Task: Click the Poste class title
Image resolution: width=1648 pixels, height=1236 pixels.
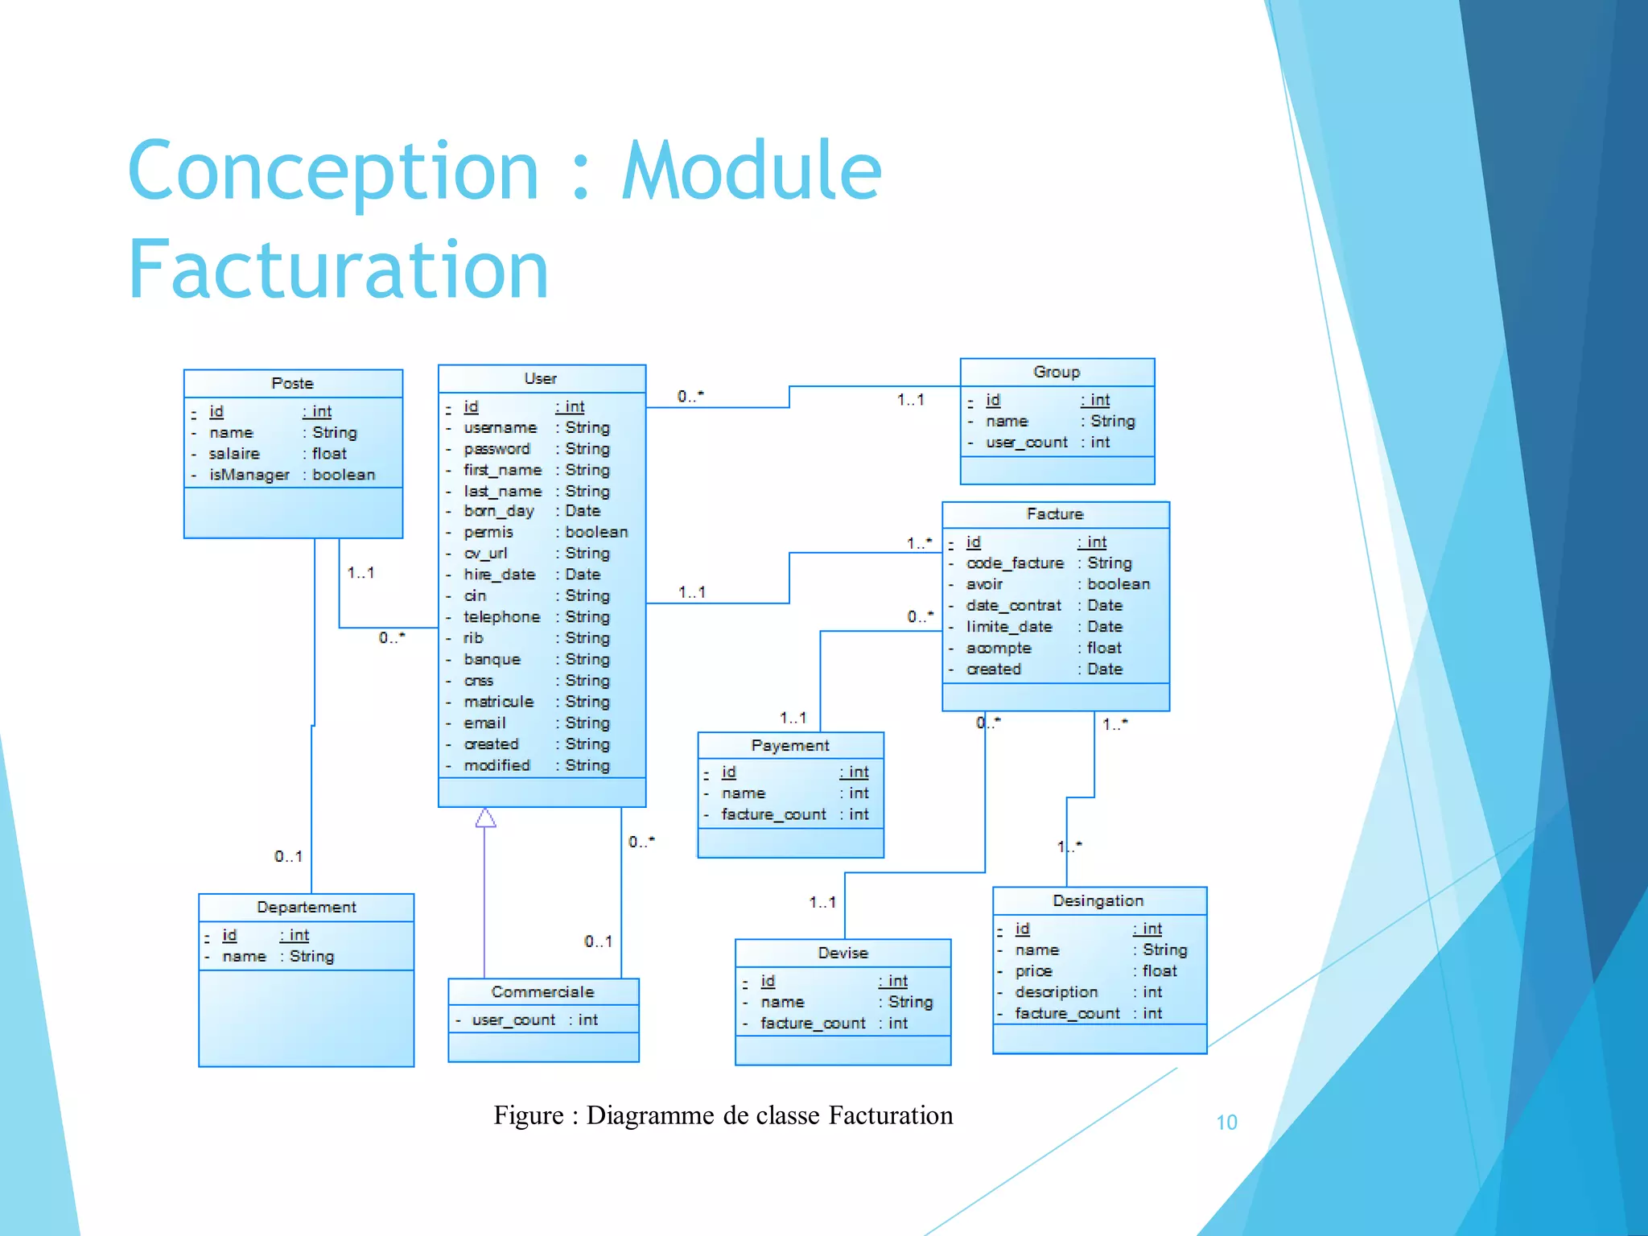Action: [292, 384]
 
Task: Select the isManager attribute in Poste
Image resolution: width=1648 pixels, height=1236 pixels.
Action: [249, 475]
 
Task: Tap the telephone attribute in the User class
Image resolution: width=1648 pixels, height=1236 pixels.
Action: [501, 617]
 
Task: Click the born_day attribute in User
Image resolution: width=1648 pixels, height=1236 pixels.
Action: [498, 511]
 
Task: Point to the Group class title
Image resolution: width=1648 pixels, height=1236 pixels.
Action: [1057, 373]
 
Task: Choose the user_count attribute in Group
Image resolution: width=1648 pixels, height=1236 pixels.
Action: [1027, 443]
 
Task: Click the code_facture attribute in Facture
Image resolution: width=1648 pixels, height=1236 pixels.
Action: [1015, 563]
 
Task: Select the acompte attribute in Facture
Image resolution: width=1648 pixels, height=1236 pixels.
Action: [998, 649]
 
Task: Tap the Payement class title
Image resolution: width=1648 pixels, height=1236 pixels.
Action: [790, 746]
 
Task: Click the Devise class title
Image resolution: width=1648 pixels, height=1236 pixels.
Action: [843, 954]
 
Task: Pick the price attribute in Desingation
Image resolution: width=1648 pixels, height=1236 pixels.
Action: [1033, 971]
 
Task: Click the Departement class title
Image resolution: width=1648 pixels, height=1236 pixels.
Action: [306, 908]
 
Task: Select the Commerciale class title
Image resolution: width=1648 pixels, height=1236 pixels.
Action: [542, 992]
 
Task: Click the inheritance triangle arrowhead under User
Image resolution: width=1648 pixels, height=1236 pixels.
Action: [485, 818]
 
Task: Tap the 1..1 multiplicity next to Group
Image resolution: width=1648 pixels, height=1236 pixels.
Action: [911, 400]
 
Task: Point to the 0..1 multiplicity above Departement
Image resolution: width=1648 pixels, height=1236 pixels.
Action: [288, 857]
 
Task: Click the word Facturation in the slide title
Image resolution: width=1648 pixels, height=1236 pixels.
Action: [338, 270]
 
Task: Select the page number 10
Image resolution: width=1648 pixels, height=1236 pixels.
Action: [1226, 1123]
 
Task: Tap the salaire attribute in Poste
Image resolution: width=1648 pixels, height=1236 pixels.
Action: [234, 454]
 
